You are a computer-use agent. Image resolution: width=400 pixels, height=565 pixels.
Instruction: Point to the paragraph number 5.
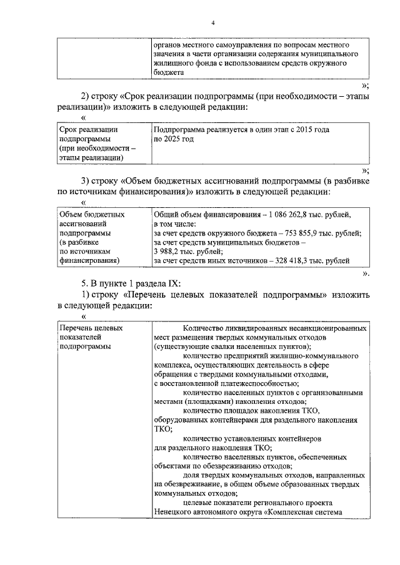[86, 283]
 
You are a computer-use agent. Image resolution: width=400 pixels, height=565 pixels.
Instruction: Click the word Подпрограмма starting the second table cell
[177, 129]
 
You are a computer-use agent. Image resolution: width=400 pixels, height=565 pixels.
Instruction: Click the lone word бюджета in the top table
[168, 72]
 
